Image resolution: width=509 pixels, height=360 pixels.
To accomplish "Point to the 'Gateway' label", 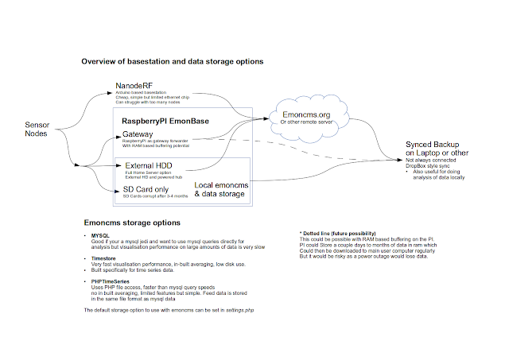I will pos(138,134).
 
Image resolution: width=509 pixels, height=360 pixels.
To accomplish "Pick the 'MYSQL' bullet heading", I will pos(101,236).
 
